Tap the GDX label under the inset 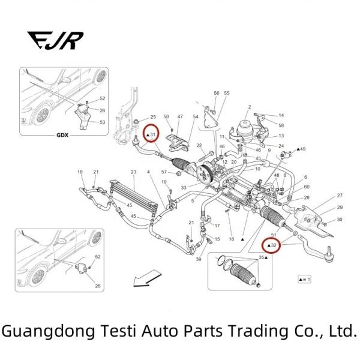63,136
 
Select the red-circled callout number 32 272,245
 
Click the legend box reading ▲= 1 304,279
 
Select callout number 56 217,94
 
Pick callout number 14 281,115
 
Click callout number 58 281,125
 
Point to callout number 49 302,149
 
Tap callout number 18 80,172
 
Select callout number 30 340,220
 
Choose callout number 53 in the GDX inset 103,122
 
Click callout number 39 198,260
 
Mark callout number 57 163,172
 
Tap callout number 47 180,116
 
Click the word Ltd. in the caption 343,331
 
